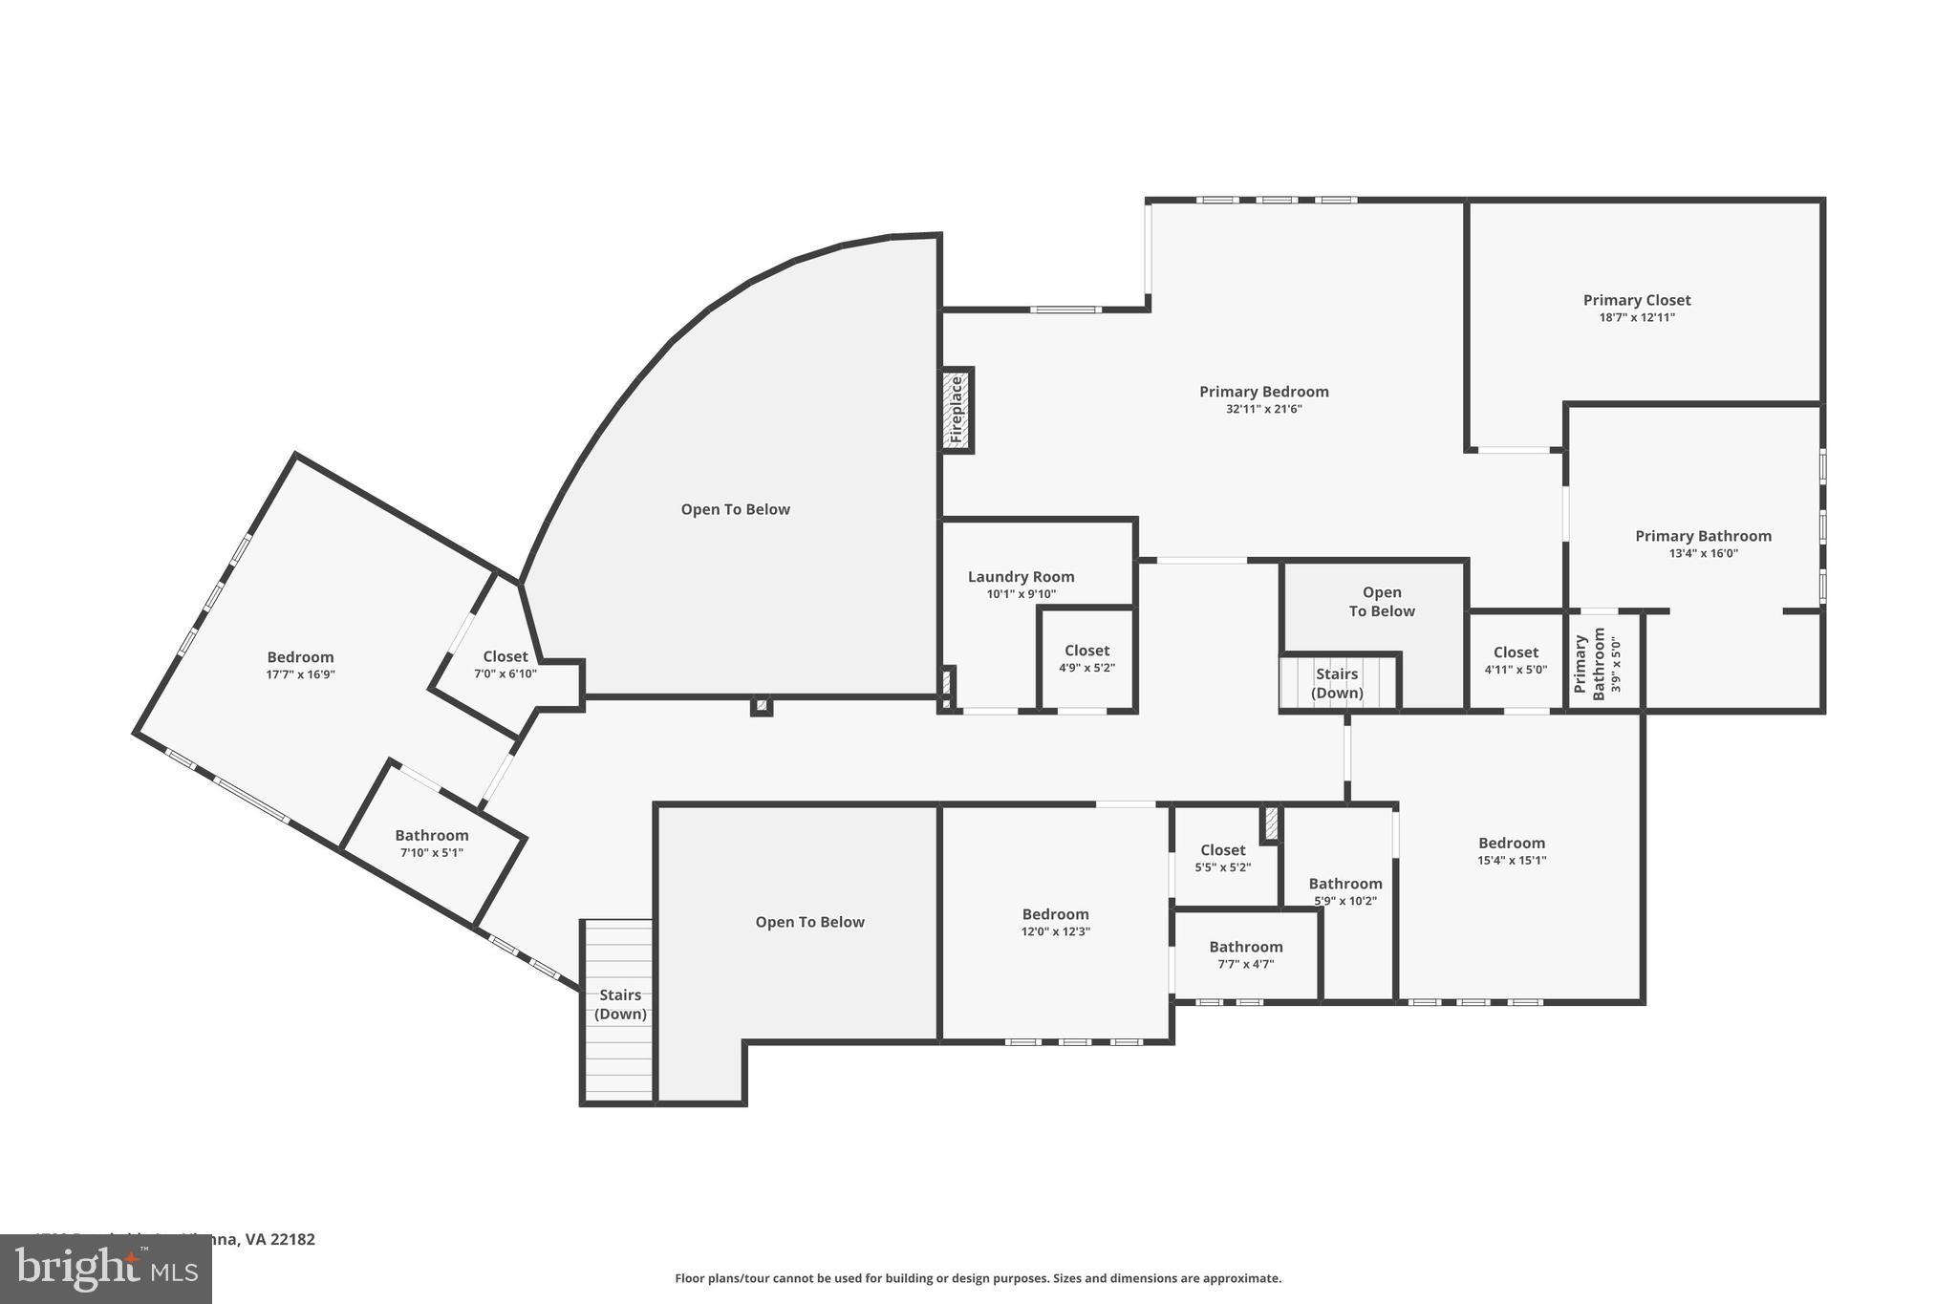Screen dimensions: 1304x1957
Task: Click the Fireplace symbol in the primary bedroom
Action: point(957,410)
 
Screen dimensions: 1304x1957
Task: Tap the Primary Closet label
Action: point(1636,300)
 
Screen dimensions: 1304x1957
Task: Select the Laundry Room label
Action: point(1021,577)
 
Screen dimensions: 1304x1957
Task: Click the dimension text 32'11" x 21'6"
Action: point(1263,409)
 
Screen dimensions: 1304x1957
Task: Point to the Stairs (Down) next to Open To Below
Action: point(1337,683)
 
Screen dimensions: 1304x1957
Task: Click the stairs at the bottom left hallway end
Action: point(619,1005)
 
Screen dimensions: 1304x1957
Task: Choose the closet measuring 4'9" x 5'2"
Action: point(1086,659)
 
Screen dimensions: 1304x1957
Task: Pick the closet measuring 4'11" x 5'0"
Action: point(1515,660)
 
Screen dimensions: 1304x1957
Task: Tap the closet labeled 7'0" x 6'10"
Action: point(505,664)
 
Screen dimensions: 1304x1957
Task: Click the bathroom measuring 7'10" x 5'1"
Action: point(431,843)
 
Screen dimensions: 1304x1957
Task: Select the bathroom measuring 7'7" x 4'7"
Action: point(1245,954)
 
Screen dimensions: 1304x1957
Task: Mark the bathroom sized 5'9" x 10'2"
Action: point(1344,890)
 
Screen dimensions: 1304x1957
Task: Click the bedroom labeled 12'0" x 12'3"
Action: point(1055,922)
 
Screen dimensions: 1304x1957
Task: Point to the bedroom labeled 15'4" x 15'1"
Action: point(1511,850)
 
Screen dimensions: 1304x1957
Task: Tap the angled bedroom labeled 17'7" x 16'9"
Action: point(300,664)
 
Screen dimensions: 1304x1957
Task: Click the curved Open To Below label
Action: point(735,509)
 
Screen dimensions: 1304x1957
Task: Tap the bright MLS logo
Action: point(106,1269)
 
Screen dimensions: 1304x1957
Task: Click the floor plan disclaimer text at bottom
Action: point(978,1278)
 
